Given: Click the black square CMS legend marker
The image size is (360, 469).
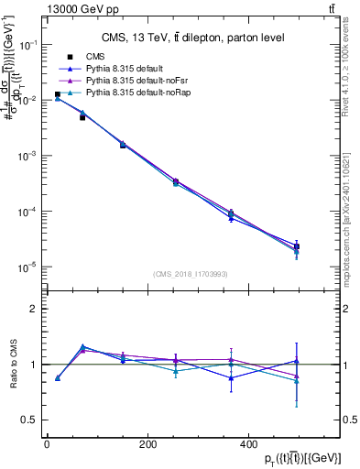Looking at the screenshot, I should (70, 57).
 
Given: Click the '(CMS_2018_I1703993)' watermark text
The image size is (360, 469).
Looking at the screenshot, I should (191, 274).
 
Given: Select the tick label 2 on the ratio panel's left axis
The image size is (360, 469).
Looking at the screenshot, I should (33, 309).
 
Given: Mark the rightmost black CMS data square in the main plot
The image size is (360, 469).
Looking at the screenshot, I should (297, 247).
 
